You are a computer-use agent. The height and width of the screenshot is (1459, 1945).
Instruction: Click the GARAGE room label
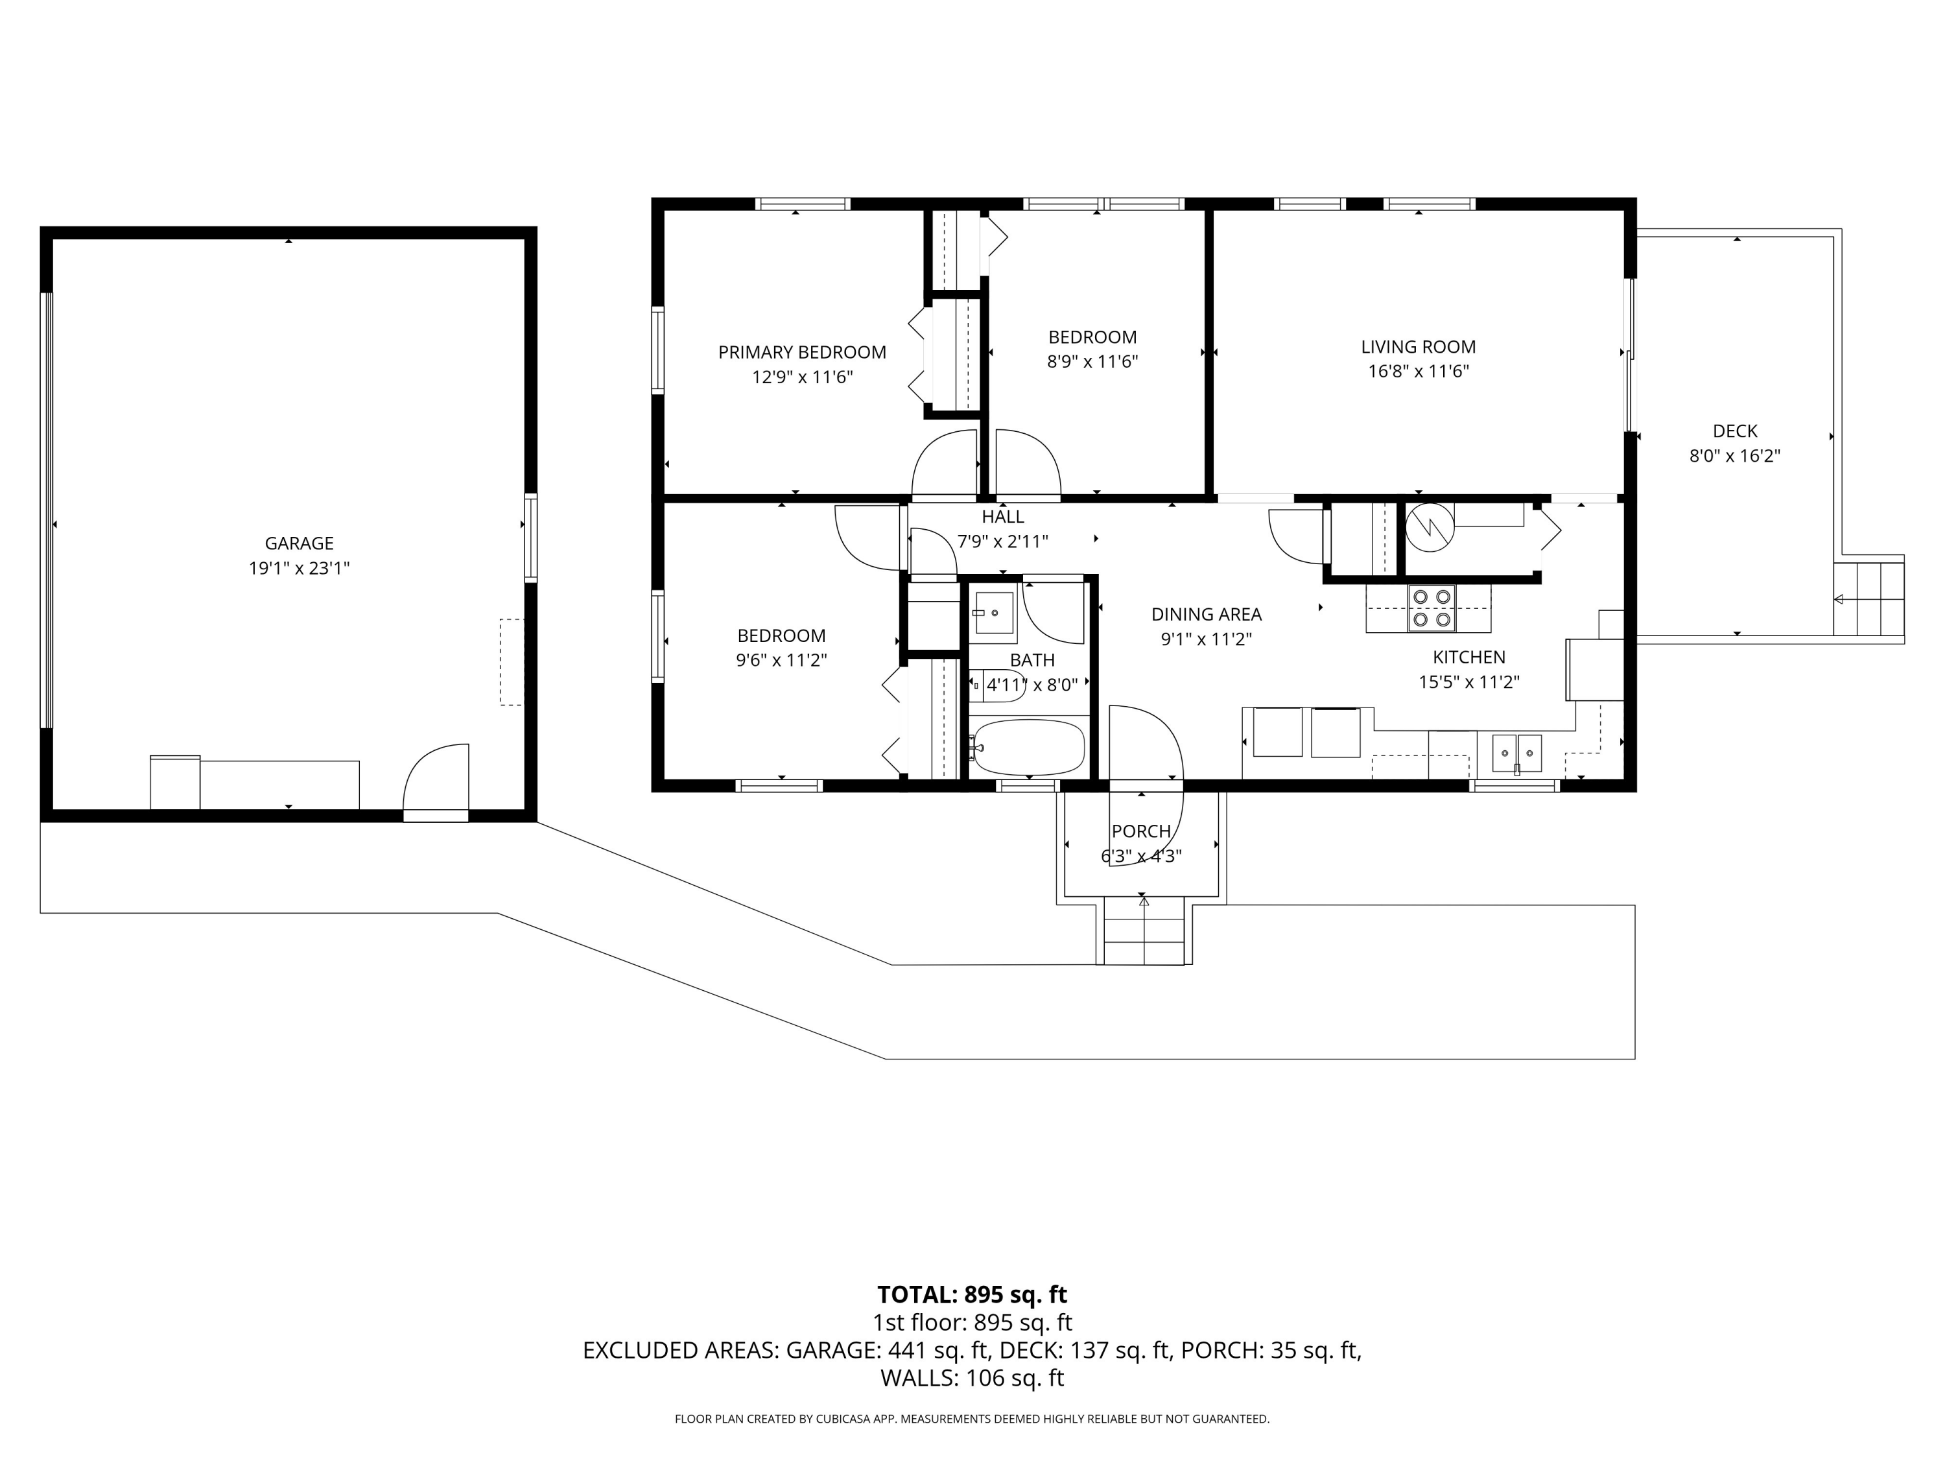299,543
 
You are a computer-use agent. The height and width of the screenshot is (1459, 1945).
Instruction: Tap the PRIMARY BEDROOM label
802,353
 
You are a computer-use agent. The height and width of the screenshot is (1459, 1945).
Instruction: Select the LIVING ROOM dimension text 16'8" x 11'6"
1419,371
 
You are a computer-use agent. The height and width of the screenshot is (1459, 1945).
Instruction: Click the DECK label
1735,431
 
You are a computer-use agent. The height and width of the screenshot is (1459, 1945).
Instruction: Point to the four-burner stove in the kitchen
1432,608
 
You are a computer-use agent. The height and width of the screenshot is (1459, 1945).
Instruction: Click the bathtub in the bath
1027,748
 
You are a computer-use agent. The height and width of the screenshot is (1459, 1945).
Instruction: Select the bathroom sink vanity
995,612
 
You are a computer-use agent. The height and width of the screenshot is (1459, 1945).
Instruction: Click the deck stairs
1868,598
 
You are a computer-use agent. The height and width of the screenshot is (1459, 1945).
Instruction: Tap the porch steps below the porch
1144,931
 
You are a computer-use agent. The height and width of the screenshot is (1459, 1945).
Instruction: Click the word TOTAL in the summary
916,1294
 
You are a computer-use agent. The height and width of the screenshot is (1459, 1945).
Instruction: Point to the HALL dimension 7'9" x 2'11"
1002,541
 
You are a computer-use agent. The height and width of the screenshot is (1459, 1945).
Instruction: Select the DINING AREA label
1207,615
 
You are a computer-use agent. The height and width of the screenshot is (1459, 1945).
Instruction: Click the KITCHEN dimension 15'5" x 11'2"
1468,682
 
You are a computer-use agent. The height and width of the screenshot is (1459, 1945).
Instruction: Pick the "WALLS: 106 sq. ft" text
972,1378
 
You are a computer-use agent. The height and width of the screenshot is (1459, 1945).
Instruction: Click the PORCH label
1140,831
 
